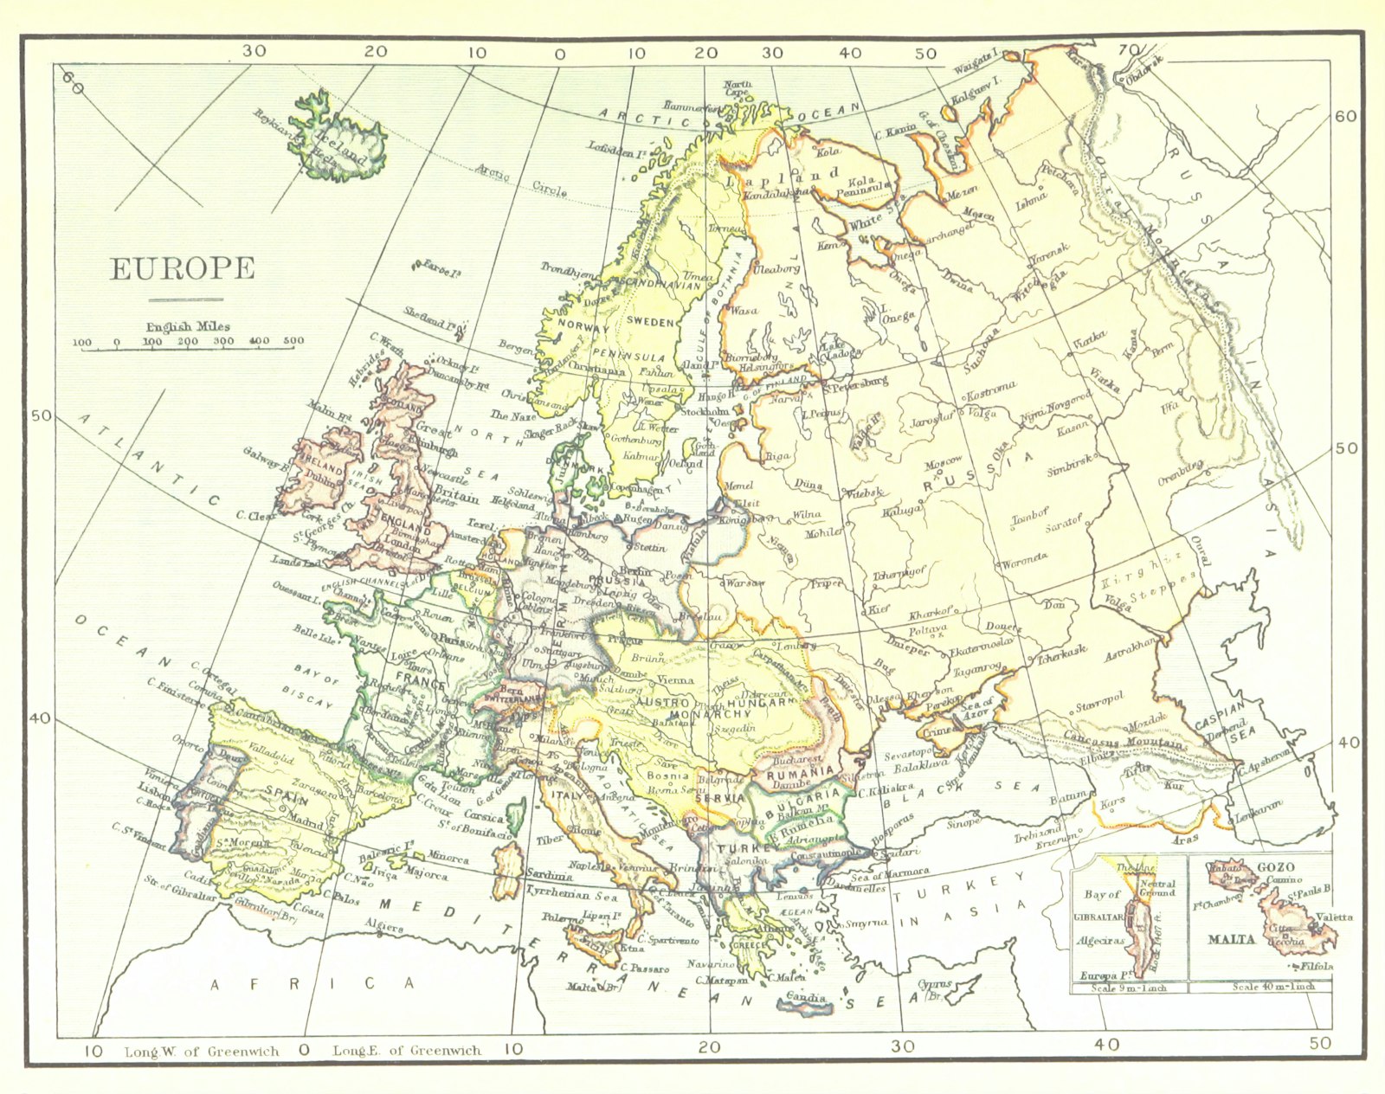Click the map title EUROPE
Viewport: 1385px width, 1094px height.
[x=182, y=269]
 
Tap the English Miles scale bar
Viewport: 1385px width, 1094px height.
[x=187, y=342]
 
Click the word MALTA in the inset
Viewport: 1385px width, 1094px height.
[x=1231, y=939]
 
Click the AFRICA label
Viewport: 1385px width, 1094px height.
[x=312, y=983]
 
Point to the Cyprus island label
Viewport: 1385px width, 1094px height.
[x=935, y=986]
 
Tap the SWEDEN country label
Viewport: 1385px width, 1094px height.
[x=650, y=322]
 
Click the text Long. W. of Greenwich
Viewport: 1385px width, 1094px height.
[x=202, y=1052]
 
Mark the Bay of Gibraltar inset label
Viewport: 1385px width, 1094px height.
[x=1102, y=894]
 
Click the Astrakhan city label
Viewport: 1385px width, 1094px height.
[x=1131, y=650]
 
